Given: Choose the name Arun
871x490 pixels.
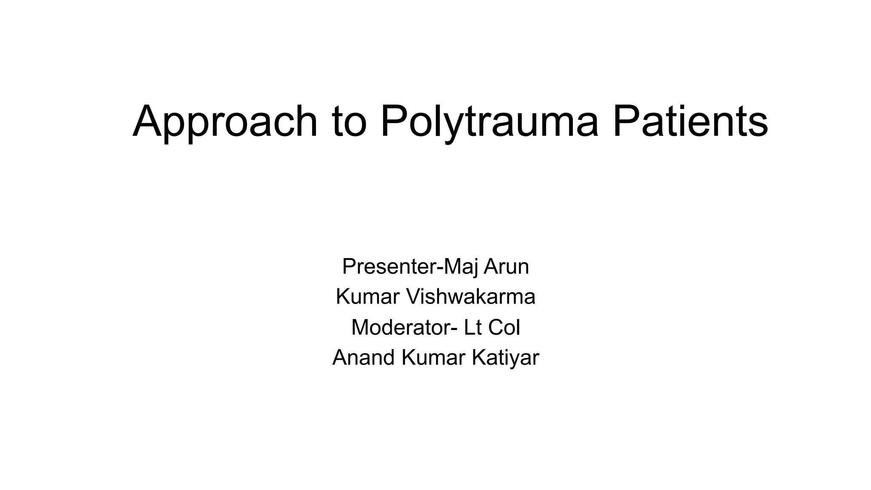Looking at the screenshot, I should click(506, 267).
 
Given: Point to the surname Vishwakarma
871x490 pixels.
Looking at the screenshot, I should click(471, 297).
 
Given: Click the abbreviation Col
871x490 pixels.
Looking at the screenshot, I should click(504, 328).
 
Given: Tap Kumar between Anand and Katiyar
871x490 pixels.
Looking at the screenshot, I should click(433, 358).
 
